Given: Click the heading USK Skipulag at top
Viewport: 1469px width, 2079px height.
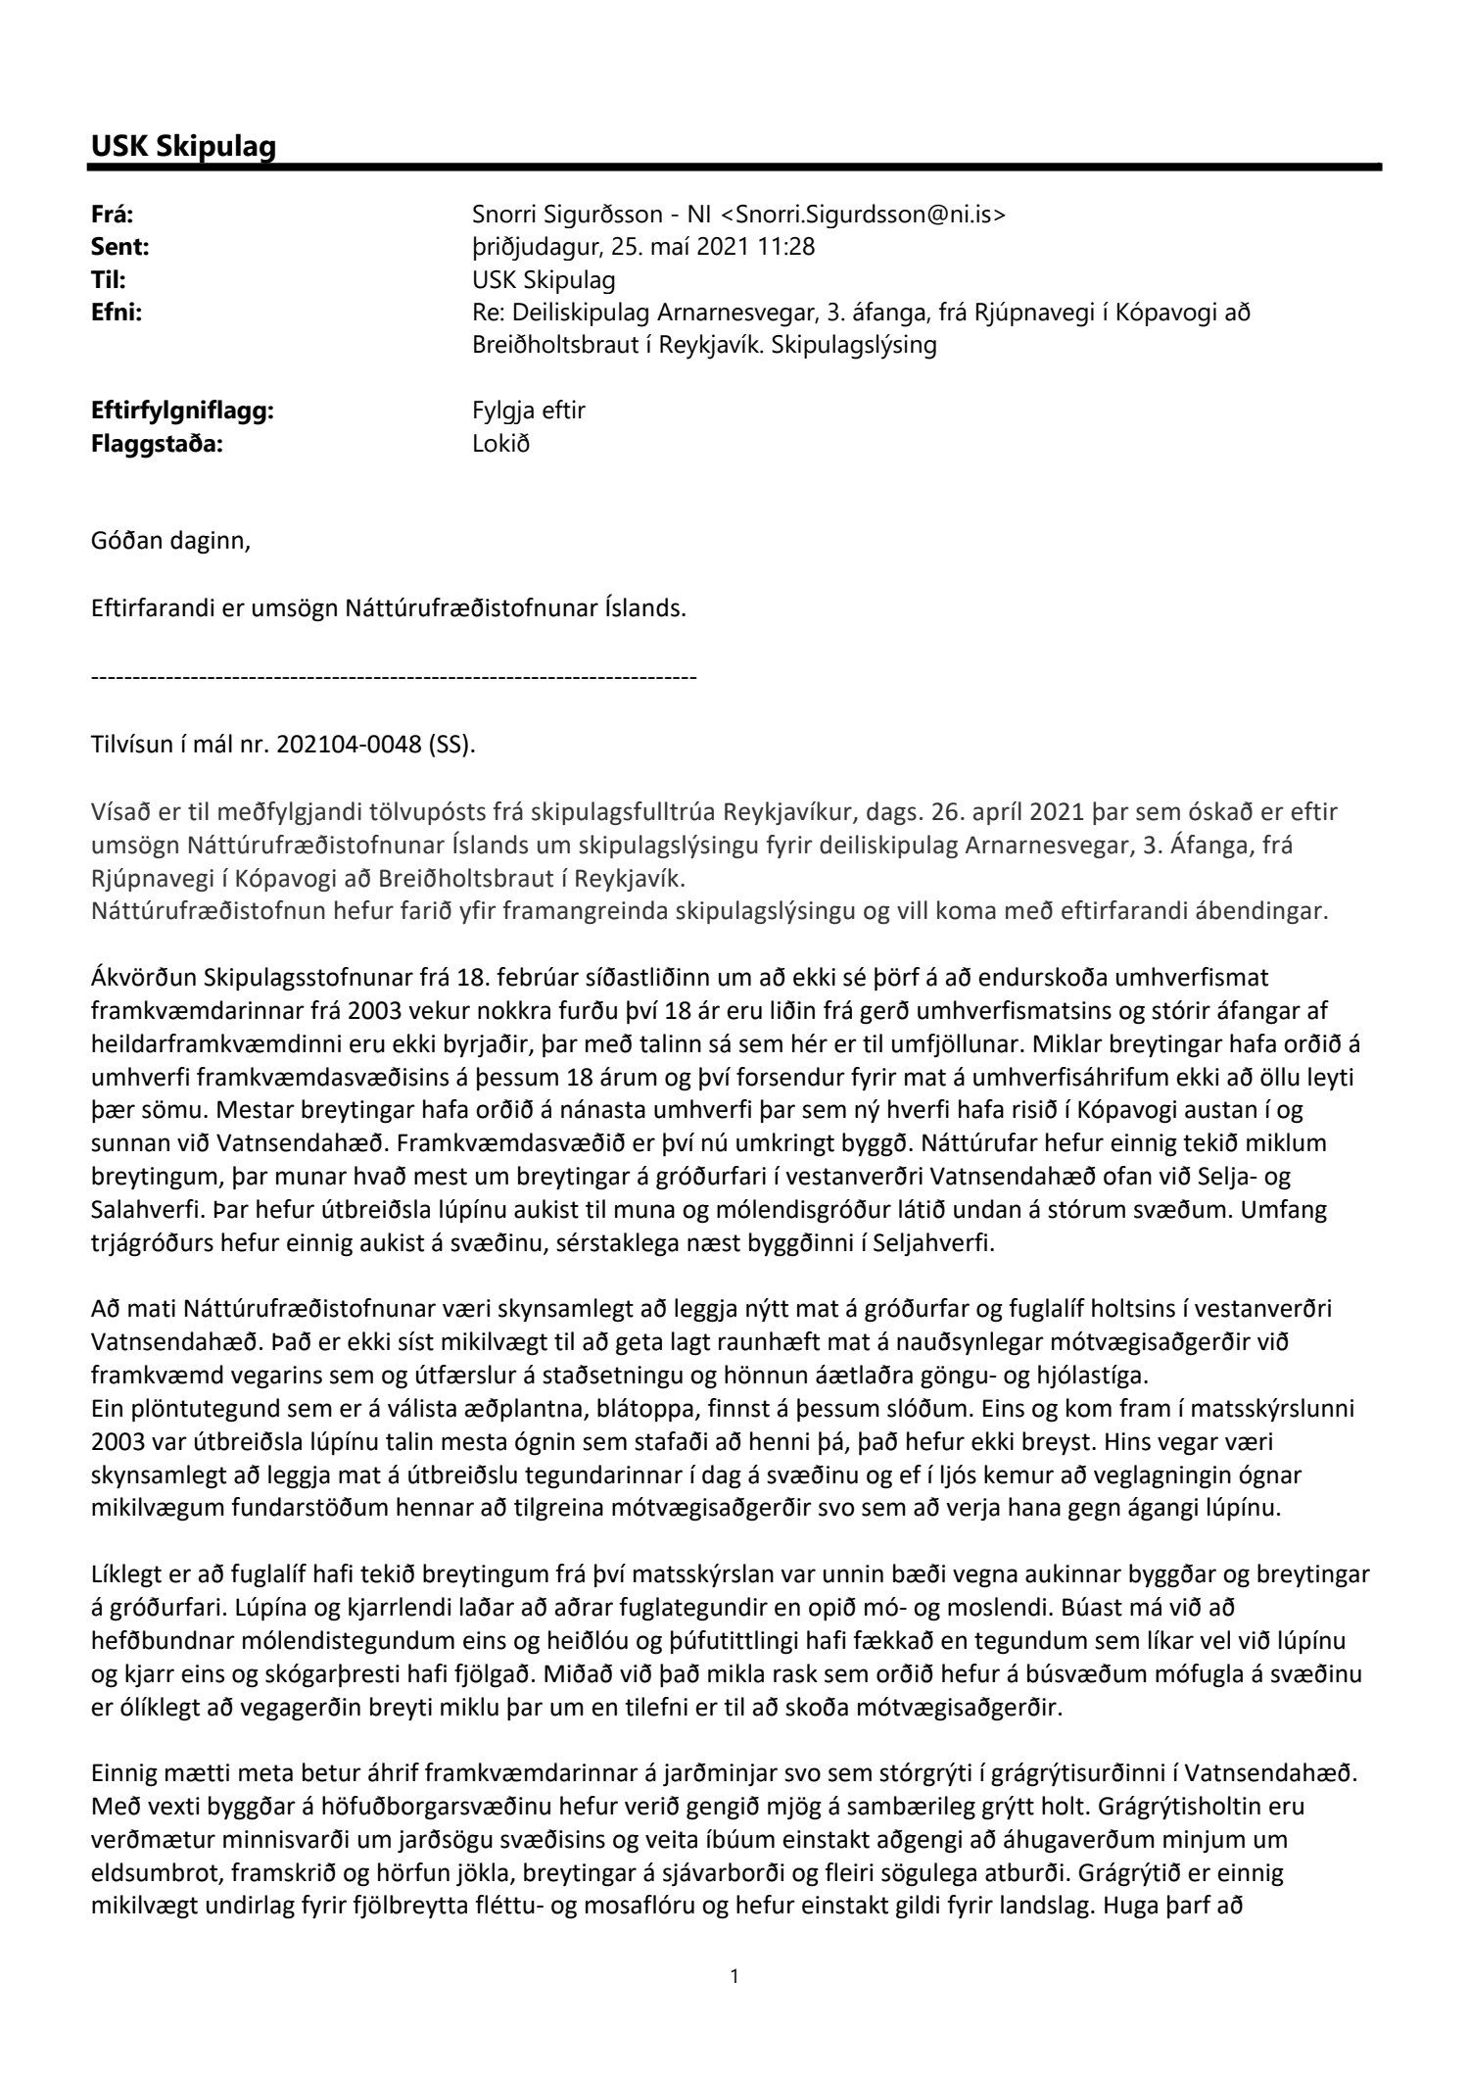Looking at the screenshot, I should coord(183,146).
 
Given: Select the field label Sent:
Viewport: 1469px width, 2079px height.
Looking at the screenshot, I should coord(118,248).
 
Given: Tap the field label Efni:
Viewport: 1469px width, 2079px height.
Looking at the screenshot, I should coord(117,314).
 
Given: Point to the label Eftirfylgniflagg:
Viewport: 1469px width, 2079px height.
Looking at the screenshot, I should coord(182,411).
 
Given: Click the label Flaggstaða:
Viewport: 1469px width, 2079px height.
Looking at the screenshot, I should coord(157,443).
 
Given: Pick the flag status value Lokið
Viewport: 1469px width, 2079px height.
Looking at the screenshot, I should coord(500,443).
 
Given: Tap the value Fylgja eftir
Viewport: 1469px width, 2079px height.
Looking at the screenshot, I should coord(528,411).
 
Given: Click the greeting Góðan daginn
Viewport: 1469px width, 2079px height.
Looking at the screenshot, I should coord(170,541).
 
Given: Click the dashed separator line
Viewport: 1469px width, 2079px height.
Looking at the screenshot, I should coord(394,677).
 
